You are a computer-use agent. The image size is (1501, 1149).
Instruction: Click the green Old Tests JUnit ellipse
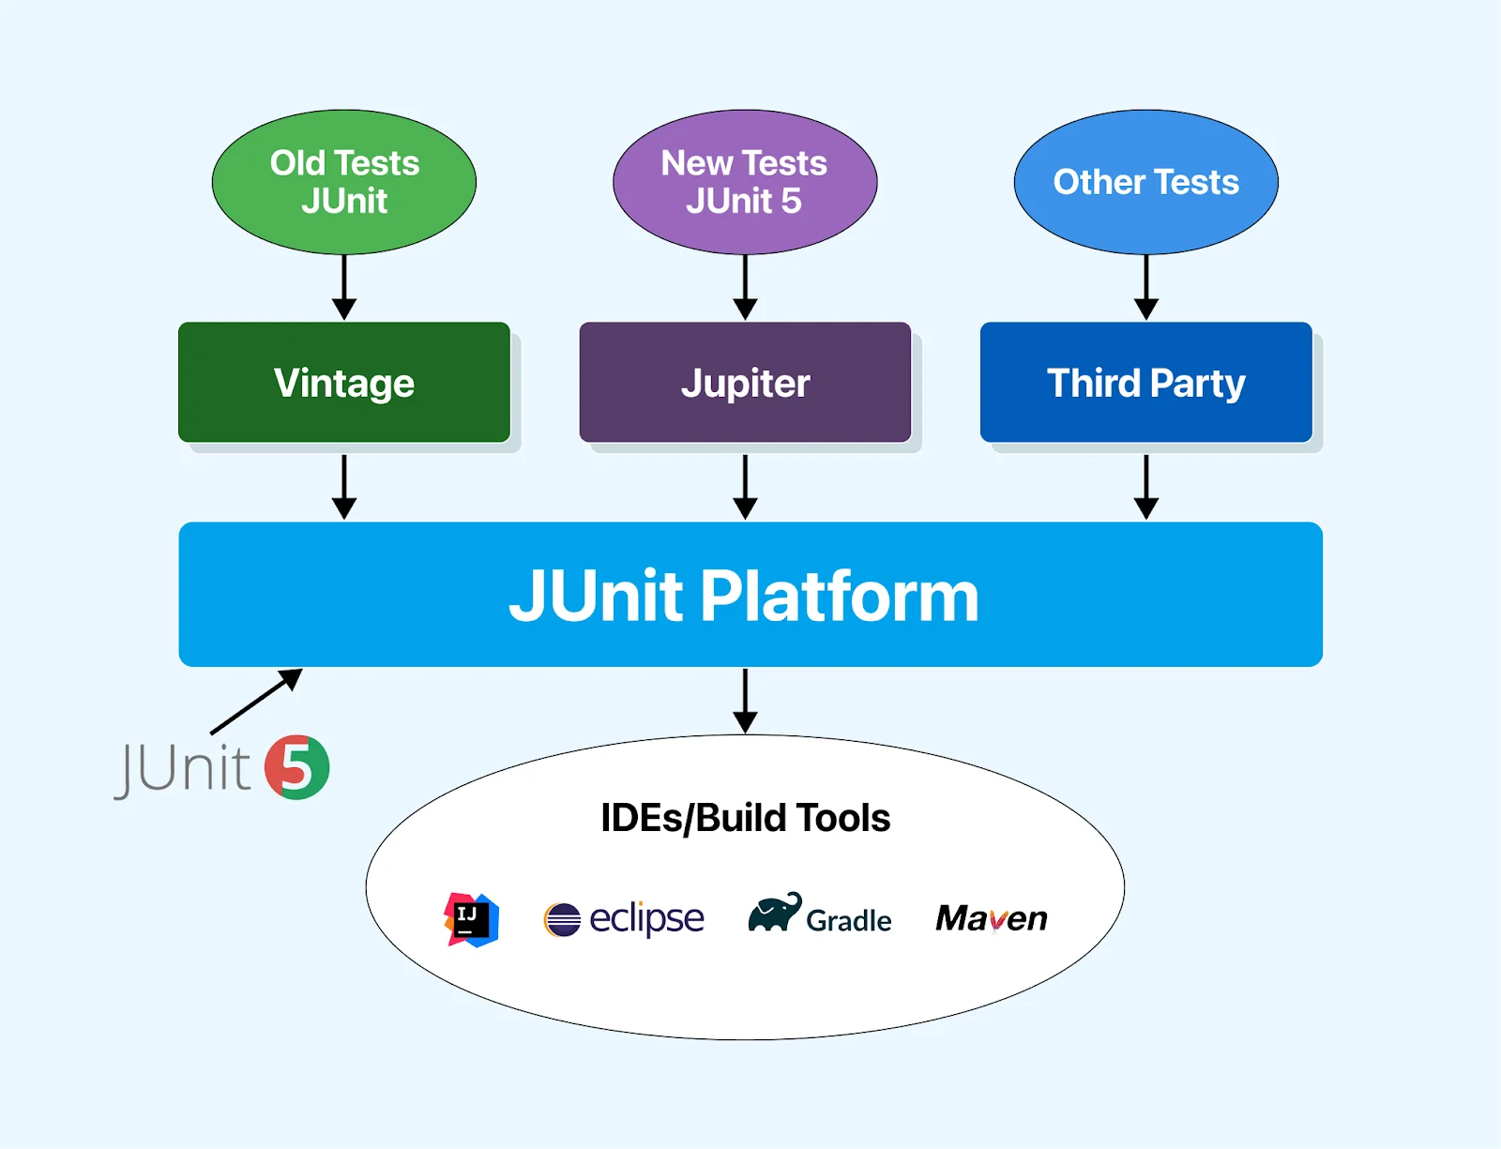point(344,182)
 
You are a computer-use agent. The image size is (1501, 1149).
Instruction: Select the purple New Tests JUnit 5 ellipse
point(745,182)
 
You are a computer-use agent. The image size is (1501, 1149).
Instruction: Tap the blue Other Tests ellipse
point(1145,182)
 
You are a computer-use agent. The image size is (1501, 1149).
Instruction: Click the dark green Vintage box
point(344,383)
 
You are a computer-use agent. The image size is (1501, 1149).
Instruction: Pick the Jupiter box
point(745,383)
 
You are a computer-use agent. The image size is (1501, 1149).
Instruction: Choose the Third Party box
point(1145,383)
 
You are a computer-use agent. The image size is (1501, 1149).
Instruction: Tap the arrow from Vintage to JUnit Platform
point(344,487)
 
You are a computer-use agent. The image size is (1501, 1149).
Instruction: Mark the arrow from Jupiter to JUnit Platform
point(745,487)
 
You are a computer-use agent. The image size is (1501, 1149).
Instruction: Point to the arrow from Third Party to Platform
point(1145,487)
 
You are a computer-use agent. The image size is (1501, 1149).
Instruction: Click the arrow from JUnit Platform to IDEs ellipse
point(745,701)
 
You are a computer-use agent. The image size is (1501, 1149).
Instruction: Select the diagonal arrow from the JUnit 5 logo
point(255,702)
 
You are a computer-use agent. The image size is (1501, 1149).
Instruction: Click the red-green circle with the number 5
point(296,767)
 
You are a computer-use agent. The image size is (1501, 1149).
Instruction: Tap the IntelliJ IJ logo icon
point(471,919)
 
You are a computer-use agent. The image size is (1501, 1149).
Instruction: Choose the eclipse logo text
point(645,918)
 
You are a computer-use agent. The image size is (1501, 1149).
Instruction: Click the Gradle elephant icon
point(774,913)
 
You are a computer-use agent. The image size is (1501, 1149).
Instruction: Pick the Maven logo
point(991,918)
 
